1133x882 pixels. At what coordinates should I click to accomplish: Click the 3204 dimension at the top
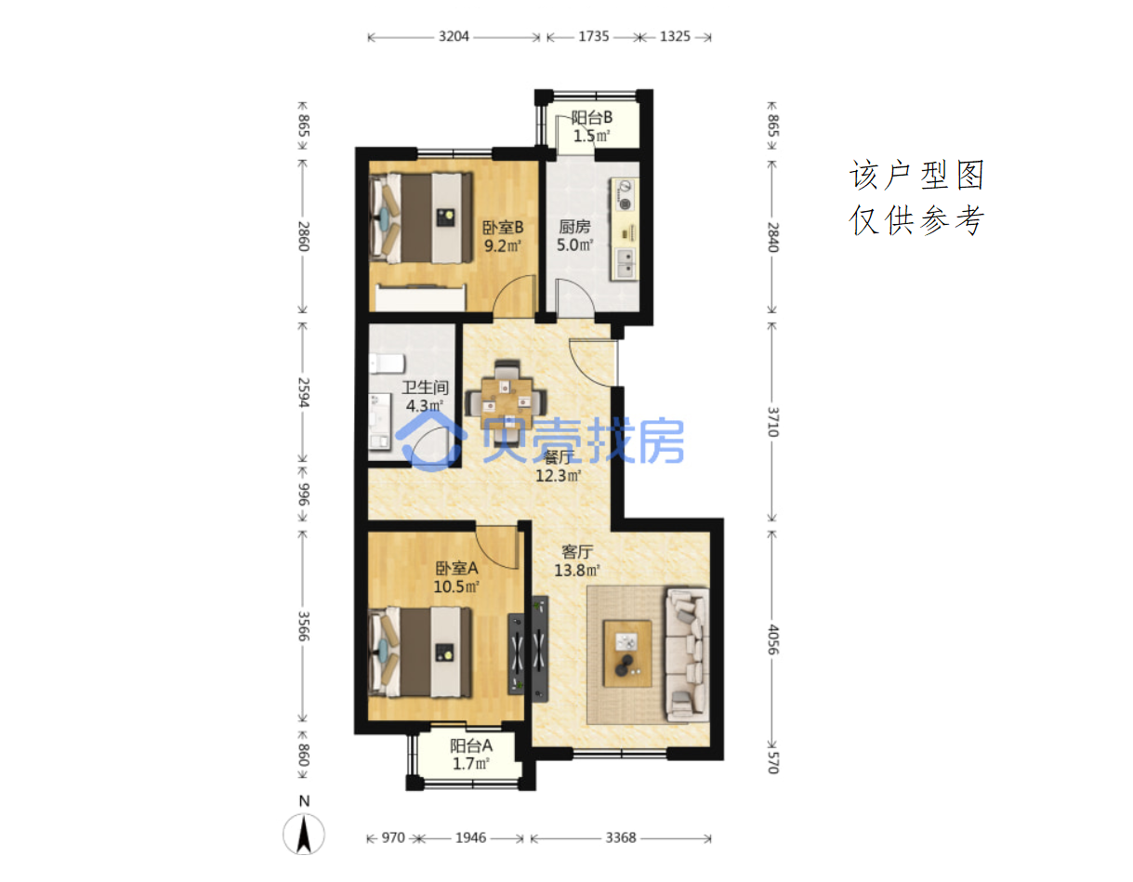coord(453,36)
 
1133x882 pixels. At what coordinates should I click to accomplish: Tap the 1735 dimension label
coord(593,36)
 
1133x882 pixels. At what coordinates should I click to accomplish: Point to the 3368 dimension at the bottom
coord(621,837)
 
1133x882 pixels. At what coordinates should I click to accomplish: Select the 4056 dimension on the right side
coord(773,639)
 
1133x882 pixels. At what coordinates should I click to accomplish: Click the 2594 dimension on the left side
coord(303,392)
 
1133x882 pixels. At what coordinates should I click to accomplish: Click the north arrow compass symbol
coord(303,834)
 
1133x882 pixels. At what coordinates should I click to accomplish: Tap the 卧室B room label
coord(503,228)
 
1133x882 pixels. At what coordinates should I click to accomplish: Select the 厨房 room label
coord(574,226)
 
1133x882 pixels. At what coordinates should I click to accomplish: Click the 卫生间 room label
coord(425,387)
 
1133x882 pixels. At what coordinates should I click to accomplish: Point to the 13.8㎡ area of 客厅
coord(576,571)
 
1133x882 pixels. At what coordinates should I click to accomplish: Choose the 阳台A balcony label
coord(471,745)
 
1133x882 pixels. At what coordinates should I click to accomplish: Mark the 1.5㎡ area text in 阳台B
coord(592,136)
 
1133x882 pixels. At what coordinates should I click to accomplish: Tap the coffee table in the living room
coord(627,652)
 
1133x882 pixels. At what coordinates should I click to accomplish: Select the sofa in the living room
coord(687,654)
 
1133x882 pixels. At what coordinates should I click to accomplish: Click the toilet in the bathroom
coord(387,363)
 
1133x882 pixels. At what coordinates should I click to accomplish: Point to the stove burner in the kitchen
coord(625,195)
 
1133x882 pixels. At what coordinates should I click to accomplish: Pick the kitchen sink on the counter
coord(626,263)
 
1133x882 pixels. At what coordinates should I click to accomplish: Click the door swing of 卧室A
coord(496,547)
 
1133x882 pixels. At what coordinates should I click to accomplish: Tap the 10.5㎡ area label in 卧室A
coord(456,586)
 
